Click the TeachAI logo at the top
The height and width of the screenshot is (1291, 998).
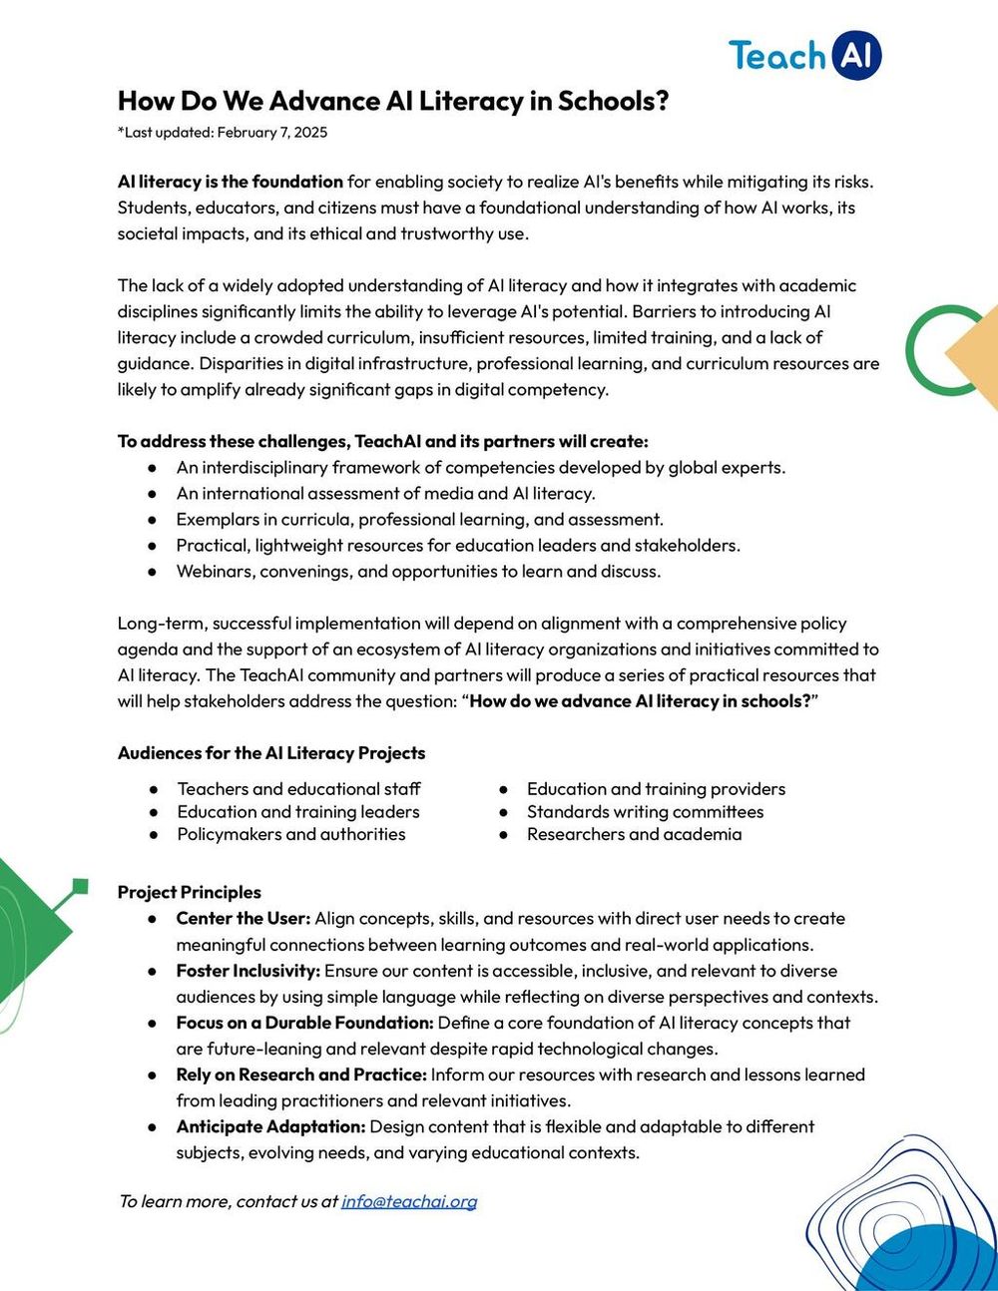point(804,56)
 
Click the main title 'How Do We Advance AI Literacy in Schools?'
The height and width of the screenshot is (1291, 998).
point(392,101)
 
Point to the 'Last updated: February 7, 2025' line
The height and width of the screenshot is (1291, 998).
point(223,133)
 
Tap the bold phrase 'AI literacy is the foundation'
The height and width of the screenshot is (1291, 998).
point(231,182)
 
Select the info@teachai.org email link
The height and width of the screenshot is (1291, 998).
point(409,1201)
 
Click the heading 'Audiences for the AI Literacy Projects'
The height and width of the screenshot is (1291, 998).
point(271,753)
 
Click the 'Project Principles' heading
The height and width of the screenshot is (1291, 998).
point(190,892)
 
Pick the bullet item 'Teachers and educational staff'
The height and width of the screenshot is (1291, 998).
point(298,789)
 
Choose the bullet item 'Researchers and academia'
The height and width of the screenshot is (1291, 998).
point(634,834)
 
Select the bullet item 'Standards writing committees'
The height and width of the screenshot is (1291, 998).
point(645,812)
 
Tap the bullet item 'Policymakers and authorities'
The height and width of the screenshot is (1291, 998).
point(291,834)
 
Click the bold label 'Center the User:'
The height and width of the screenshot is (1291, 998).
point(244,918)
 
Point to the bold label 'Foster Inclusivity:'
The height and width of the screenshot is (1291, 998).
point(249,971)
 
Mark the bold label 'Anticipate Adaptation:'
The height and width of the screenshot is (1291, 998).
point(270,1126)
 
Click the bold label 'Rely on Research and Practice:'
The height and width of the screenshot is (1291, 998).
point(301,1075)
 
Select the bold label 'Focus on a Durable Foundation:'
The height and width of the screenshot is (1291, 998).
point(304,1023)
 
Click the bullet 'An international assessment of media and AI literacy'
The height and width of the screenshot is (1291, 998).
point(385,493)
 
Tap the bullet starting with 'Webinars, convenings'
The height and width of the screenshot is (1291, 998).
point(418,572)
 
